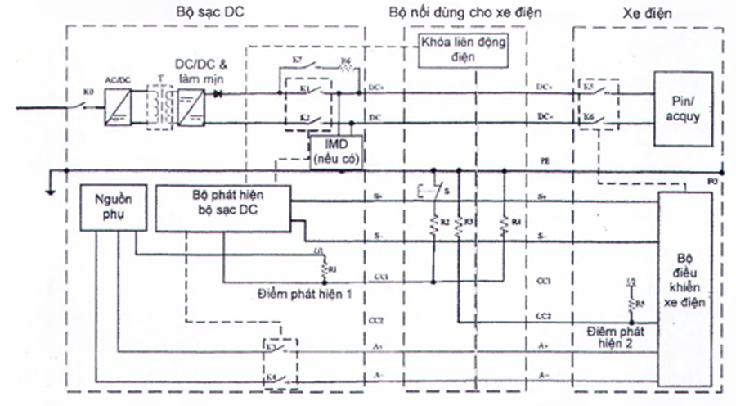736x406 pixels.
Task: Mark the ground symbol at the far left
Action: point(52,187)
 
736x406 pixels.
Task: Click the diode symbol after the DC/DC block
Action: point(218,93)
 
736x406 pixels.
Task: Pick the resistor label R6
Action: point(346,62)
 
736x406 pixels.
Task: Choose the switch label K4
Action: point(270,378)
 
